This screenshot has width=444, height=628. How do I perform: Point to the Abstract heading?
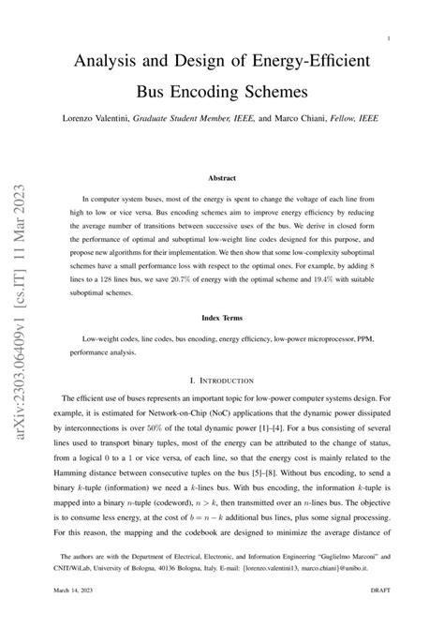tap(222, 177)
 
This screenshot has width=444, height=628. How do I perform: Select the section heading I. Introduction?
tap(222, 382)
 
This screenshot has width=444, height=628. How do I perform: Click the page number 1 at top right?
tap(388, 38)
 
